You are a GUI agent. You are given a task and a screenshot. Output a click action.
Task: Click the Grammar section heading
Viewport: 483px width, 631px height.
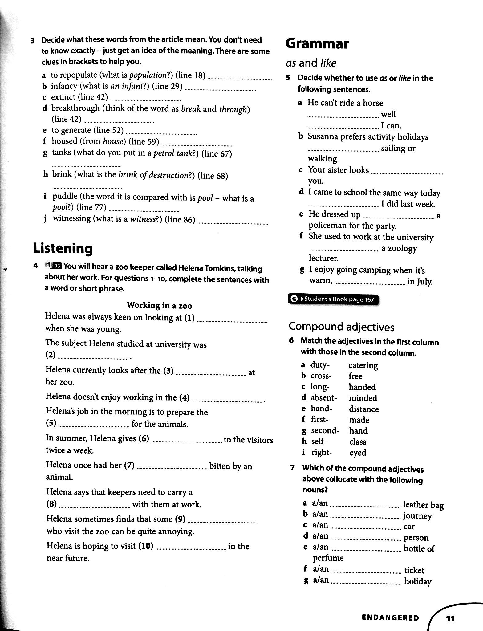click(317, 44)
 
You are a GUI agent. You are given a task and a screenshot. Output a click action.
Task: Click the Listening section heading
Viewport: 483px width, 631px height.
click(63, 248)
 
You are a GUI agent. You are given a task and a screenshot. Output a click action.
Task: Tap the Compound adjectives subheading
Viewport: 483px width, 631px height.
click(341, 327)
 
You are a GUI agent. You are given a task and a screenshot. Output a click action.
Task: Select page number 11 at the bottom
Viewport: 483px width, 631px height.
click(450, 618)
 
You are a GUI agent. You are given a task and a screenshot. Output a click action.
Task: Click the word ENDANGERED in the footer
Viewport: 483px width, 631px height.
click(390, 617)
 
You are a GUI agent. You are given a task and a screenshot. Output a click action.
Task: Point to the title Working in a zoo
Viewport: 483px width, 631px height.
click(159, 305)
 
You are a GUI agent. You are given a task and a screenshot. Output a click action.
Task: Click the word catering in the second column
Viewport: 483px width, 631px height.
click(363, 365)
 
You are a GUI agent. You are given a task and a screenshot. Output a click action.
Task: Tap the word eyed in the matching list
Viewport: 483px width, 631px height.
click(358, 453)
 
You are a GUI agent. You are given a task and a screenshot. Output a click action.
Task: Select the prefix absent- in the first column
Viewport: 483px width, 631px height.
click(323, 398)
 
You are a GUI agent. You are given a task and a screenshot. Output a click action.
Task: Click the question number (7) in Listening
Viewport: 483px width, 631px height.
click(129, 465)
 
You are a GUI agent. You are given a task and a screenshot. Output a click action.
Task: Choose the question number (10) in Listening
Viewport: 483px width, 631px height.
click(146, 546)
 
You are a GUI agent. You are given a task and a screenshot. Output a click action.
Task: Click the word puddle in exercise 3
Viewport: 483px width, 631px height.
click(65, 196)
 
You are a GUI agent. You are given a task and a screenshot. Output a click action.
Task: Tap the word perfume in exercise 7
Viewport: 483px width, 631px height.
click(328, 558)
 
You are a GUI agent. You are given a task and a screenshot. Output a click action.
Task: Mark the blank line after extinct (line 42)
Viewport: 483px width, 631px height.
click(145, 100)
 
